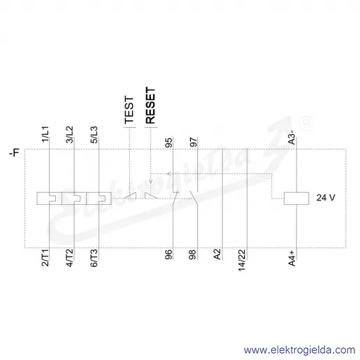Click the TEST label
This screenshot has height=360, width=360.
[129, 110]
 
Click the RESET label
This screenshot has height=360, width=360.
[150, 106]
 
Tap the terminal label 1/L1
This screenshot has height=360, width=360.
[45, 134]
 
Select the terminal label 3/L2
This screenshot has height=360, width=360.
[70, 134]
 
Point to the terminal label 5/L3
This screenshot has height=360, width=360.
[94, 135]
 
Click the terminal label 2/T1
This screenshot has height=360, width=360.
[45, 258]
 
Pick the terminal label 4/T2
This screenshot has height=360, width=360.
[70, 258]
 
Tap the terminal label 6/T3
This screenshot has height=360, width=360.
[94, 258]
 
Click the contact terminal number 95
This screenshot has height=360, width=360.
[168, 143]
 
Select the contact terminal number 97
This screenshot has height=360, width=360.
[193, 142]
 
